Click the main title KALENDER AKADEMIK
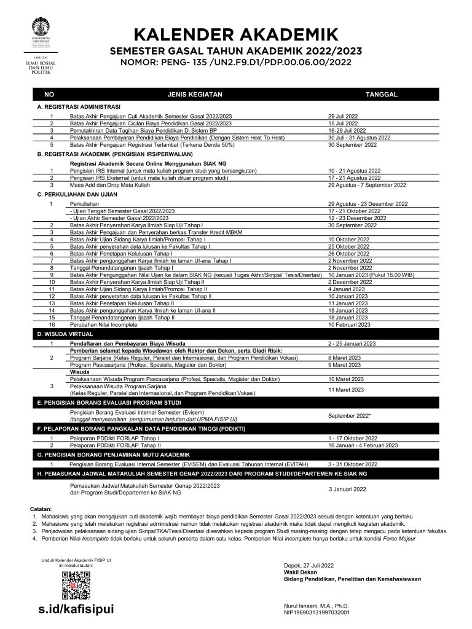coord(236,34)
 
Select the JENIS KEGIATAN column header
coord(194,95)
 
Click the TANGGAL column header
coord(382,95)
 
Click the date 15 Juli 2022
coord(346,123)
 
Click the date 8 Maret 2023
coord(344,357)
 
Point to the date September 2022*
coord(349,416)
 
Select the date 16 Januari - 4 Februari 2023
coord(363,445)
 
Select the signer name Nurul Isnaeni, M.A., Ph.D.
coord(312,606)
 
